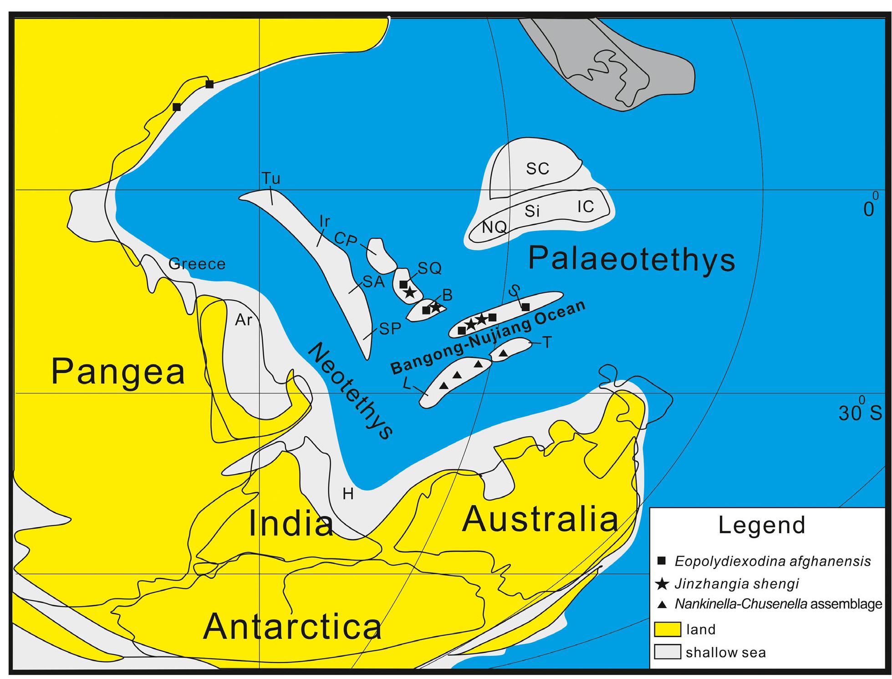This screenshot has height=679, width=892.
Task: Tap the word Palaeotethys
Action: pos(632,260)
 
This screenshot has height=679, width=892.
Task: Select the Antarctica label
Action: pos(292,627)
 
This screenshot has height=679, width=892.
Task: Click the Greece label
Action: pos(197,264)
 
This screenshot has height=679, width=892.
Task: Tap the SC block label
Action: pos(537,169)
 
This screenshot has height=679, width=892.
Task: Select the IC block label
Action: pos(586,207)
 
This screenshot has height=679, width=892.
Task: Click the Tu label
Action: pos(270,179)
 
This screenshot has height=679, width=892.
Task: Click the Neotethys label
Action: pos(351,392)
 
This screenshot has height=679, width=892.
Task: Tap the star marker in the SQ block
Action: pos(410,292)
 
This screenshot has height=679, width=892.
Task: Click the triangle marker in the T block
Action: pos(503,353)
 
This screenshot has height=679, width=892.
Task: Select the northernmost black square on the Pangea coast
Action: pos(209,84)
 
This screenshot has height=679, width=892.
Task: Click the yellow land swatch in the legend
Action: pos(667,629)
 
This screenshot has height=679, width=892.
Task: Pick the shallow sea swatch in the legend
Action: pos(667,652)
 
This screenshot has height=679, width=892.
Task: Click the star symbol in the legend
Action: pos(663,584)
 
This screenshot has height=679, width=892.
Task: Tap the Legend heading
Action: pos(762,525)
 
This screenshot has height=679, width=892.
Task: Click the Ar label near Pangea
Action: pos(243,320)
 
